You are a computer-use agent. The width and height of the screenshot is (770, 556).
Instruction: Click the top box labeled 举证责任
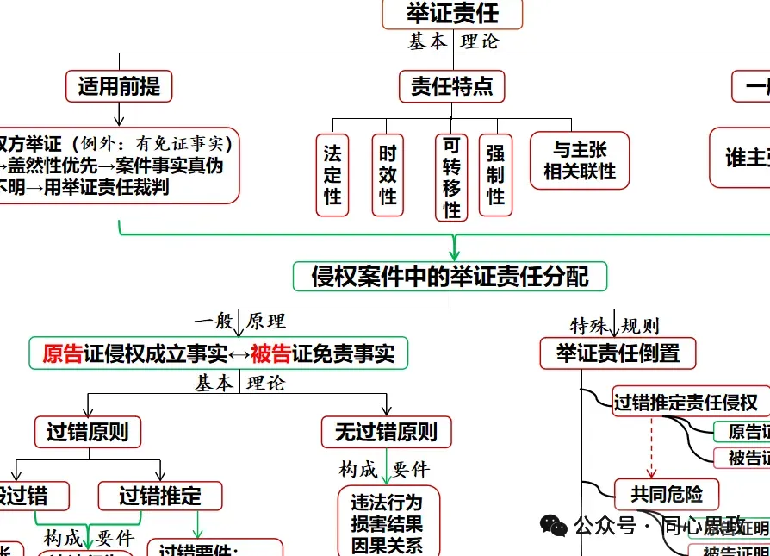(452, 13)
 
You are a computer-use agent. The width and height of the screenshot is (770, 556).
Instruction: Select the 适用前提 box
(119, 86)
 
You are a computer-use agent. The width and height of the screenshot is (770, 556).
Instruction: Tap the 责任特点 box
(452, 86)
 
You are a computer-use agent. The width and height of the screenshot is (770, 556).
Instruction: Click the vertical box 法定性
(332, 175)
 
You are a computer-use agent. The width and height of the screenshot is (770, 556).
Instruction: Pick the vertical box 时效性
(388, 175)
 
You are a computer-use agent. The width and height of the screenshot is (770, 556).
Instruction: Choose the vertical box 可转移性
(452, 178)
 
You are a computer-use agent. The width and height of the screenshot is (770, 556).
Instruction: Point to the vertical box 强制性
(495, 175)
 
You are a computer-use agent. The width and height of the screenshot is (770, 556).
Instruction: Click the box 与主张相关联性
(580, 160)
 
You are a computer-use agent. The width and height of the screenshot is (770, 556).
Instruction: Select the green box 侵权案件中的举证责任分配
(450, 277)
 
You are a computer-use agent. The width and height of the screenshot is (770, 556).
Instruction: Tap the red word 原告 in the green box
(63, 353)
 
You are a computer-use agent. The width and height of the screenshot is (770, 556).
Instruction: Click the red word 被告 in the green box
(271, 353)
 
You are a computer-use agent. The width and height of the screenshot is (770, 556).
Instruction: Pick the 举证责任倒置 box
(618, 353)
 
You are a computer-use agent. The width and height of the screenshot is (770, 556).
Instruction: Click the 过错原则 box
(87, 432)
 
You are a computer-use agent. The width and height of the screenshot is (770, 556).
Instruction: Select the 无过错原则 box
(387, 432)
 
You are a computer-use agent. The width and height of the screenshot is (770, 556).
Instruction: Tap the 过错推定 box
(160, 496)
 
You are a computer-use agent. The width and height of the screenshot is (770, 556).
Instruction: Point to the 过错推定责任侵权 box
(686, 402)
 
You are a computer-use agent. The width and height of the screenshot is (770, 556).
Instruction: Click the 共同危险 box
(667, 494)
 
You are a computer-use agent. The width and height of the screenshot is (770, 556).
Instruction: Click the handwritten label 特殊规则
(615, 326)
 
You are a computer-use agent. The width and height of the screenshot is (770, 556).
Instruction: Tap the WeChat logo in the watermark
(553, 524)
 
